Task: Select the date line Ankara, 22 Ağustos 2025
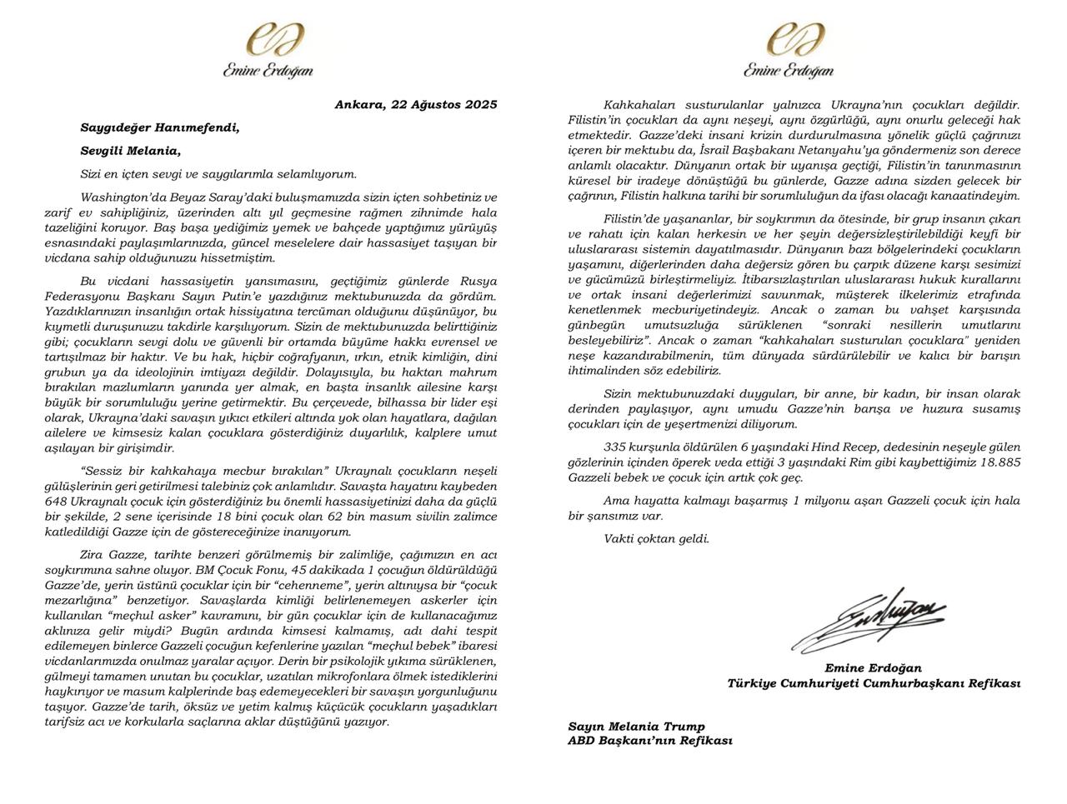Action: (415, 105)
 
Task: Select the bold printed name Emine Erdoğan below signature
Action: (873, 668)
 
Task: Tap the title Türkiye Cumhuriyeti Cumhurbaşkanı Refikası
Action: (874, 683)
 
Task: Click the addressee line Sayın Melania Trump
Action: (636, 727)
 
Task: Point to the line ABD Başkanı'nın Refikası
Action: (650, 741)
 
